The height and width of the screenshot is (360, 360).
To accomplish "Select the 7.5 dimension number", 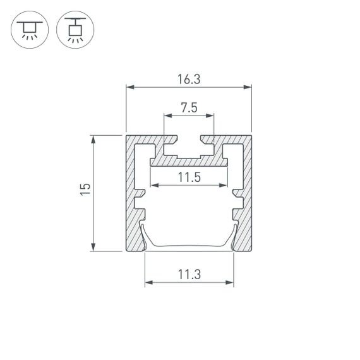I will coord(189,108).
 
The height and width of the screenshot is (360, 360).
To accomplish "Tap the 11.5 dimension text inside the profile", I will coord(189,177).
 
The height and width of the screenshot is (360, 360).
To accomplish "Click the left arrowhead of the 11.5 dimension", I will coord(153,186).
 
